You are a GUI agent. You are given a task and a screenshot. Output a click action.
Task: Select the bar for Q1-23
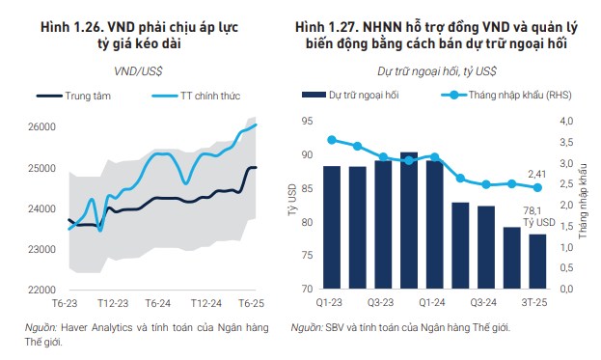331,227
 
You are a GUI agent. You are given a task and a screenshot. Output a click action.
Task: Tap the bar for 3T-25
537,261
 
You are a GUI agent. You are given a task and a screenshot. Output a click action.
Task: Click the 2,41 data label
536,174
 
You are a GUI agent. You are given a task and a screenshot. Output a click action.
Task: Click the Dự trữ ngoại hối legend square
310,96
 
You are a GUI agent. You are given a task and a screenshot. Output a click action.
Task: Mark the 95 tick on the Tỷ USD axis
307,121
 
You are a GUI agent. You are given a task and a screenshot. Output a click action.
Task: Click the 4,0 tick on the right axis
565,121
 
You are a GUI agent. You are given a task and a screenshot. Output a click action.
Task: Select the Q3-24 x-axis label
486,303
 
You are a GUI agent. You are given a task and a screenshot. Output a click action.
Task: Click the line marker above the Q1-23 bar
332,140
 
